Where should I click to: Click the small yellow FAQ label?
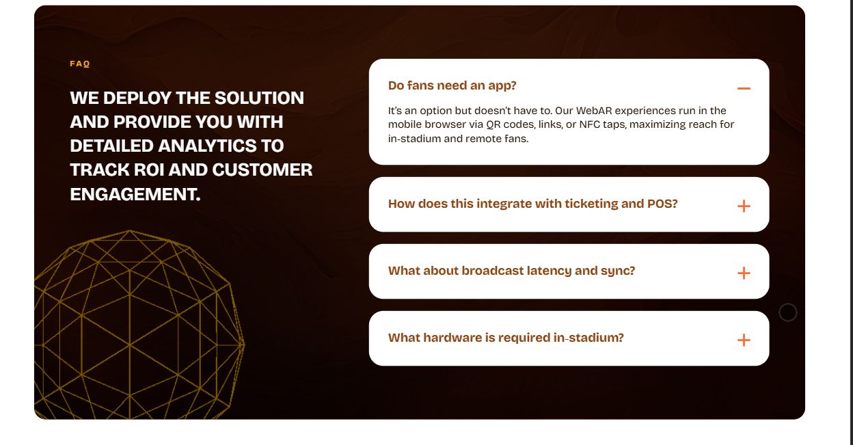[80, 64]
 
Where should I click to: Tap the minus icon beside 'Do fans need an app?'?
[744, 88]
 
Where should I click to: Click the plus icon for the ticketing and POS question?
[744, 206]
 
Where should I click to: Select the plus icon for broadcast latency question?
[744, 273]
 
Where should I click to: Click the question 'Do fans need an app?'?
[452, 85]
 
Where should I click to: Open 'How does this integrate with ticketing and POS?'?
[532, 204]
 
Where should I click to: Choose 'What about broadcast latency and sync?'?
[511, 271]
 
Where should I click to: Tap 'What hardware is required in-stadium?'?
[506, 338]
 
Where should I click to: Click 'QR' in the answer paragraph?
[493, 124]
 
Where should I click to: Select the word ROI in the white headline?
[149, 170]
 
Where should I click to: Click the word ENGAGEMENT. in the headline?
[135, 194]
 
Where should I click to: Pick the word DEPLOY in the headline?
[137, 98]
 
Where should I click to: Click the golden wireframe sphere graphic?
[139, 325]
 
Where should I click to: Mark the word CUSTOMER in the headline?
[262, 170]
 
